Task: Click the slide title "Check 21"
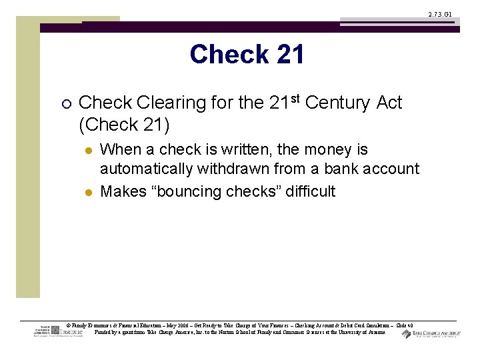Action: tap(247, 55)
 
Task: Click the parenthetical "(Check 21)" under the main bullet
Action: tap(124, 125)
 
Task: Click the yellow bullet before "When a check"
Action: tap(87, 150)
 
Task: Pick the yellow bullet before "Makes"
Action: tap(87, 192)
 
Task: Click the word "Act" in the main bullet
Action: tap(389, 103)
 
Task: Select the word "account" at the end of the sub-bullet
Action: tap(393, 169)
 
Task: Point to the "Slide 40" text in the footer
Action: tap(405, 325)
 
